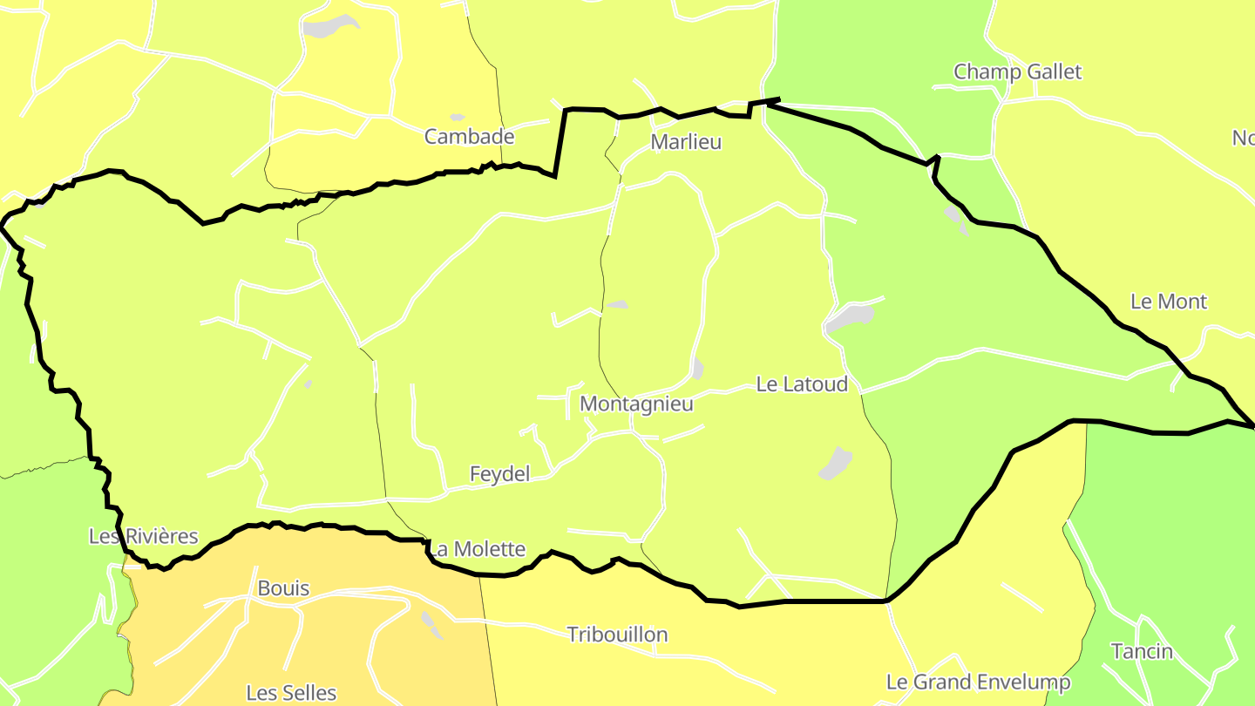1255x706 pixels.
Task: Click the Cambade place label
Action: pyautogui.click(x=469, y=137)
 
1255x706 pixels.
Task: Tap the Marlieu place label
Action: pyautogui.click(x=686, y=142)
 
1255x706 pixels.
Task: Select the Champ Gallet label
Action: pyautogui.click(x=1017, y=71)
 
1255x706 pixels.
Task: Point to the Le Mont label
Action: pyautogui.click(x=1168, y=302)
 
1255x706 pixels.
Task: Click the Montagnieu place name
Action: pyautogui.click(x=636, y=404)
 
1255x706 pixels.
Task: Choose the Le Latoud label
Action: pyautogui.click(x=801, y=384)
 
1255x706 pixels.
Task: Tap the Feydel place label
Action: pyautogui.click(x=499, y=474)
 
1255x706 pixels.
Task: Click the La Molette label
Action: pyautogui.click(x=478, y=549)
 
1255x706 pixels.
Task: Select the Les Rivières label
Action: pyautogui.click(x=144, y=537)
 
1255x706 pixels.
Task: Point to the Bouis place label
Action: pyautogui.click(x=283, y=589)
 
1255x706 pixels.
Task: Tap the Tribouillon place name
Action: pyautogui.click(x=617, y=635)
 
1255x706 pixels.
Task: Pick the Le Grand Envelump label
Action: pyautogui.click(x=978, y=682)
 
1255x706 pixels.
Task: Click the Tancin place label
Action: pyautogui.click(x=1142, y=651)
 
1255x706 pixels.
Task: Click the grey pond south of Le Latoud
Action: pyautogui.click(x=836, y=463)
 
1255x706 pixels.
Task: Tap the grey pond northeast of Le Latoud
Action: pyautogui.click(x=850, y=318)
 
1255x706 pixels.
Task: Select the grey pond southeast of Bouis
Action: pyautogui.click(x=431, y=623)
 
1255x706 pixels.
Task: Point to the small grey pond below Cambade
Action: pyautogui.click(x=457, y=117)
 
